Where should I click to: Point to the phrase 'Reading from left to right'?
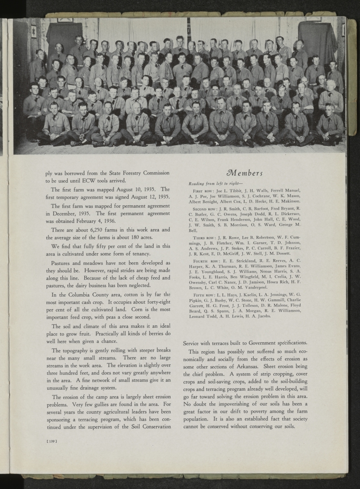(x=214, y=184)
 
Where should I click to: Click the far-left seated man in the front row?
(x=54, y=124)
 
